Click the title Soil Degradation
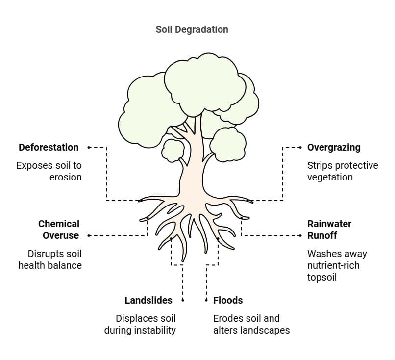192,29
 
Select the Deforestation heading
49,147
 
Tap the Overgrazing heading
333,147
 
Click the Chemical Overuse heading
59,230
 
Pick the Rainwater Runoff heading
329,230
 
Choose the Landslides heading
148,300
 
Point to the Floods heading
228,300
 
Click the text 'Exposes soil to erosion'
49,171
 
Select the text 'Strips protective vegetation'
342,171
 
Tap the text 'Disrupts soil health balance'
50,259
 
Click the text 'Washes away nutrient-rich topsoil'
337,265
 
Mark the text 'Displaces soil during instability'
140,324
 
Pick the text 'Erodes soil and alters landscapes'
251,324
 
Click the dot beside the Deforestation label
89,147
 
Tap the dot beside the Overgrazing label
300,147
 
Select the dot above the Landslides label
183,300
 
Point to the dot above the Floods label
206,300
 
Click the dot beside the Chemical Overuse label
89,235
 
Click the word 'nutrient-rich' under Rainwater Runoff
333,265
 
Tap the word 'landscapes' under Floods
264,330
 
